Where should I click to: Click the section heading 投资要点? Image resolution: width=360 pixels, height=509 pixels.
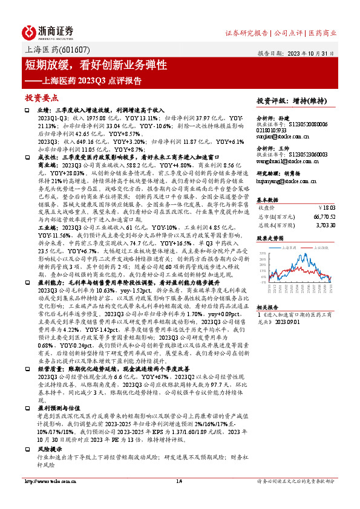tap(41, 97)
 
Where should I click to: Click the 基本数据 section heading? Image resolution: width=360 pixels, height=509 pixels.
tap(269, 199)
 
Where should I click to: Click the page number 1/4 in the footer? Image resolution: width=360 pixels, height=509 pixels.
tap(179, 498)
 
